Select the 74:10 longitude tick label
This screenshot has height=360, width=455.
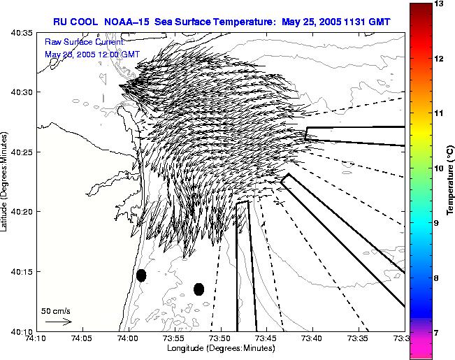(x=37, y=338)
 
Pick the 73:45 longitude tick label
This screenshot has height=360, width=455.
(x=267, y=338)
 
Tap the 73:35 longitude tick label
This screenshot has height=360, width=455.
(x=359, y=338)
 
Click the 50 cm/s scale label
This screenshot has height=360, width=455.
(x=56, y=310)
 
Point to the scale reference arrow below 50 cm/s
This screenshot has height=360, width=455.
(x=58, y=322)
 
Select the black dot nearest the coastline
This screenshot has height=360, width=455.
(x=141, y=275)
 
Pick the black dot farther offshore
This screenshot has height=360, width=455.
(x=198, y=289)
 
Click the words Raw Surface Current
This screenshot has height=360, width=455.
(x=84, y=42)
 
